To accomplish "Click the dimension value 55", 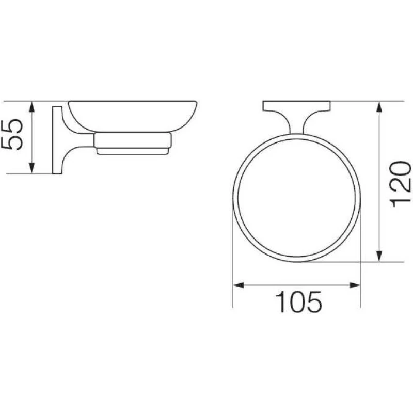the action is pyautogui.click(x=12, y=135).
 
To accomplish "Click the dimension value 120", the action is pyautogui.click(x=401, y=184).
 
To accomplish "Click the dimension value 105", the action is pyautogui.click(x=298, y=302).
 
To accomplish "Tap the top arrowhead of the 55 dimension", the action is pyautogui.click(x=31, y=107).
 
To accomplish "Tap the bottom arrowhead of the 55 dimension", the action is pyautogui.click(x=31, y=168).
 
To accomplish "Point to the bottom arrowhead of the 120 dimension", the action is pyautogui.click(x=379, y=256).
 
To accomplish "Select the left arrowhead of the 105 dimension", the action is pyautogui.click(x=239, y=285).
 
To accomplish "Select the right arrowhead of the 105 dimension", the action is pyautogui.click(x=355, y=285).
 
